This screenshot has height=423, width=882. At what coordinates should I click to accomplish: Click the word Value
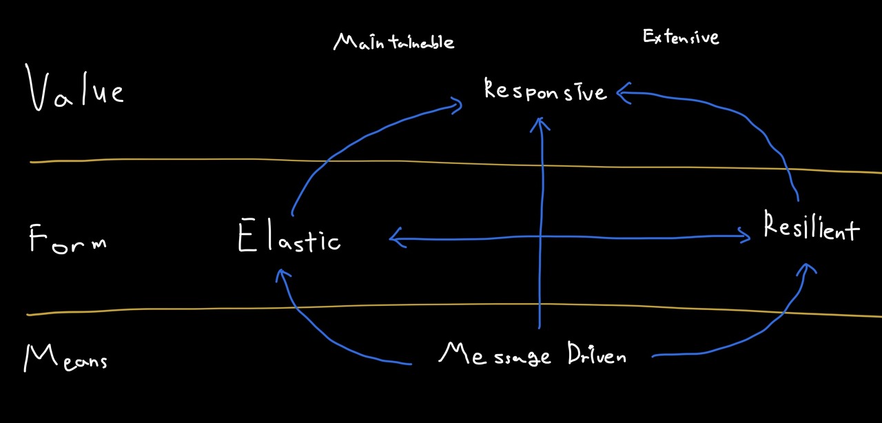[76, 90]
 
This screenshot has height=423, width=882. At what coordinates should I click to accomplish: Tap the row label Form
[68, 241]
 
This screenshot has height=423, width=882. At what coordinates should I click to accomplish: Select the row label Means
[66, 358]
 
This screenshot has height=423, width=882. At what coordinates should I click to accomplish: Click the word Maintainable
[393, 42]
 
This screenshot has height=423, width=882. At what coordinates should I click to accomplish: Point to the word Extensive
[681, 37]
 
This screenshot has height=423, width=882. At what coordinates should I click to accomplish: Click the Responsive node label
[545, 91]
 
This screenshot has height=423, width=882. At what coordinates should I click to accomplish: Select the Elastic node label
[289, 240]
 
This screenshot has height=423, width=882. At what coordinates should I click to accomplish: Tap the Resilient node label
[812, 228]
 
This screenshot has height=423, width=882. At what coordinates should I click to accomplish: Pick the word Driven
[597, 354]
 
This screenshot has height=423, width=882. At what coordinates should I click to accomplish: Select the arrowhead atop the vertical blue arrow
[541, 123]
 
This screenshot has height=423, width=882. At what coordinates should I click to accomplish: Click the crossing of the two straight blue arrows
[541, 238]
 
